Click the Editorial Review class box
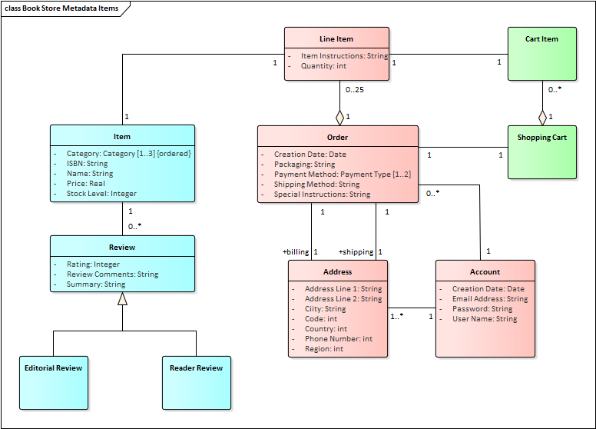(x=53, y=382)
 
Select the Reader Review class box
(x=196, y=382)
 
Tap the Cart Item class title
(x=541, y=38)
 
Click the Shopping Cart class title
(x=541, y=138)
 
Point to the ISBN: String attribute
(x=87, y=164)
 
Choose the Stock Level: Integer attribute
(x=101, y=194)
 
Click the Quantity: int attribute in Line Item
(x=323, y=66)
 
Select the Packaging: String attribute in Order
(x=304, y=165)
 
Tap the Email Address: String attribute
(x=489, y=299)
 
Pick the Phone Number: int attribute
(x=338, y=339)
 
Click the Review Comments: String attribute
(x=112, y=274)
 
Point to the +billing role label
(x=296, y=252)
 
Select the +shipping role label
(x=356, y=252)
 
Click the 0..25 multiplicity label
(x=354, y=90)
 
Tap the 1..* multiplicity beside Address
(x=397, y=316)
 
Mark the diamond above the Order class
(x=339, y=118)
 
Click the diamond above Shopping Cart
(x=542, y=118)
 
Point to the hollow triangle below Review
(x=122, y=299)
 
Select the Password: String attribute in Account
(x=482, y=309)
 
